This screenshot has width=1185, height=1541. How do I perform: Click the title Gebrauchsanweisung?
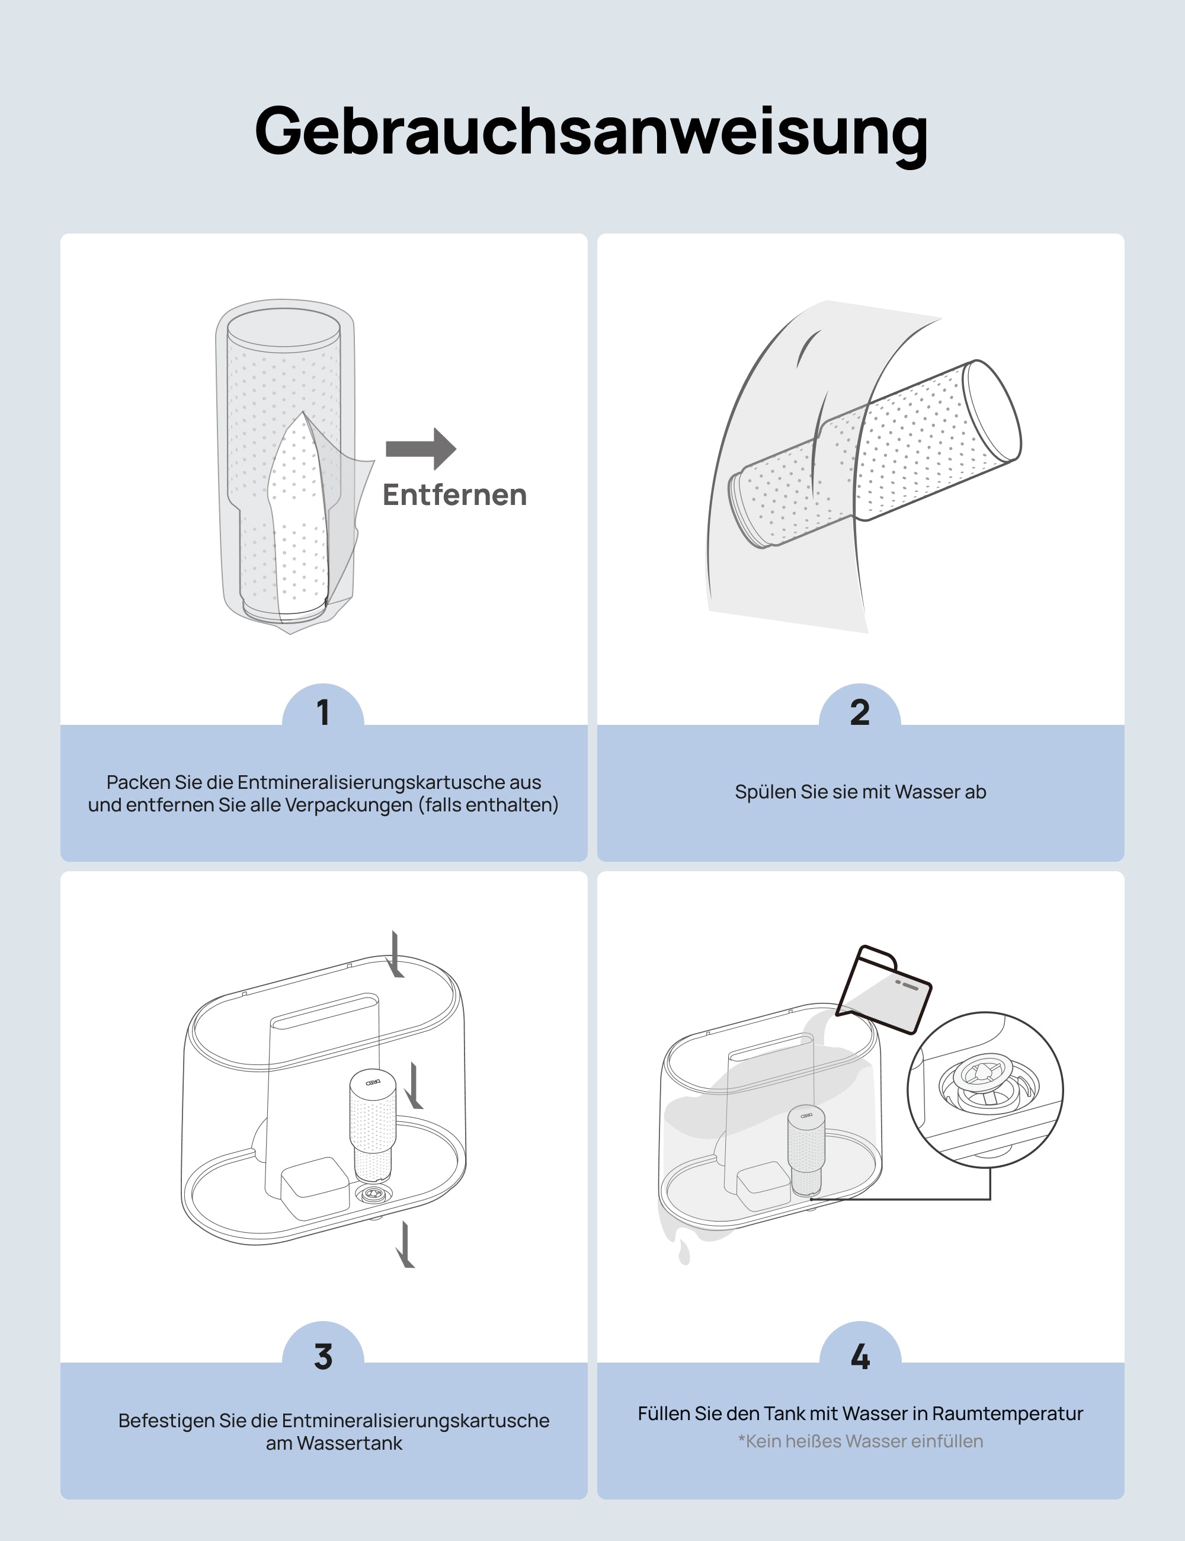click(591, 132)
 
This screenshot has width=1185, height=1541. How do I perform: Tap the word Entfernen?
click(455, 495)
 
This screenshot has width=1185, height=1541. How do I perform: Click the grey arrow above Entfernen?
click(421, 449)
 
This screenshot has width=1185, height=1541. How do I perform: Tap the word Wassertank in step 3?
click(349, 1444)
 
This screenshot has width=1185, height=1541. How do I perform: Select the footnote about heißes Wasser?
click(860, 1441)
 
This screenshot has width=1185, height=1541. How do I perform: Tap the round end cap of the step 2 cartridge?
click(992, 410)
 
